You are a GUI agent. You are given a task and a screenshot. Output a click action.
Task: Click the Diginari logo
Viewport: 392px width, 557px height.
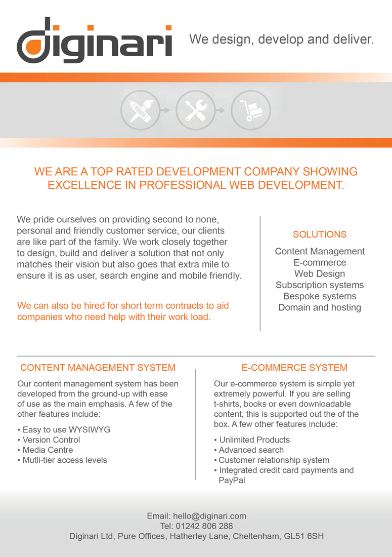[x=94, y=40]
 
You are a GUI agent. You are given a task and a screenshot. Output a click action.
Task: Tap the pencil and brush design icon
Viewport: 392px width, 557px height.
[x=140, y=110]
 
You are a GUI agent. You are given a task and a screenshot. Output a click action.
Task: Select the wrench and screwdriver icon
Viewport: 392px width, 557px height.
[x=195, y=110]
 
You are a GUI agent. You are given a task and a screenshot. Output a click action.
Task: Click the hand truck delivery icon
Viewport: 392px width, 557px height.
[x=250, y=110]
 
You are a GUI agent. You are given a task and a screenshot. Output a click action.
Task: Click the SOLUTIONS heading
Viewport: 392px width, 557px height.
[x=320, y=234]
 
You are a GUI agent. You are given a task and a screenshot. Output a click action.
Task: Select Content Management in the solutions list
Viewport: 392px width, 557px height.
[x=320, y=251]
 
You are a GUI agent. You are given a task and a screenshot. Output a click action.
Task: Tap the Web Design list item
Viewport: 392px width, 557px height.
[x=320, y=274]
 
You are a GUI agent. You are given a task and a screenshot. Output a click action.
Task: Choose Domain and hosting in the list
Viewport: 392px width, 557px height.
[x=320, y=307]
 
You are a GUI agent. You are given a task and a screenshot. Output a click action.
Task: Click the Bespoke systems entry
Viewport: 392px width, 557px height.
[x=320, y=296]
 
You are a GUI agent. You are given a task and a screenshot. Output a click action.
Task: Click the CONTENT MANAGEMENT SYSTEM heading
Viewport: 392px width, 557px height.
[x=98, y=368]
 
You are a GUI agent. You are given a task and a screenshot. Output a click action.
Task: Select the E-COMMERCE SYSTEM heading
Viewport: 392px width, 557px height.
[x=294, y=368]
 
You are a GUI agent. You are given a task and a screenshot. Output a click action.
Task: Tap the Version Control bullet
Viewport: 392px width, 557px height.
[x=51, y=440]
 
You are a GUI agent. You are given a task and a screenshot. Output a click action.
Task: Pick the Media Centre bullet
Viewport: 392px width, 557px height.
[x=48, y=450]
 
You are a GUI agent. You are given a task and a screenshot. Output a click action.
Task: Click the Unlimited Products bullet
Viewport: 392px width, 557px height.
[x=254, y=440]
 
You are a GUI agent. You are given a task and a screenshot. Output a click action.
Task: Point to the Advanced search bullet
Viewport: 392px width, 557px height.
[x=251, y=450]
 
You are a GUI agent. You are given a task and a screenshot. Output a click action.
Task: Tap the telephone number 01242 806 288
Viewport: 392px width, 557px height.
[x=204, y=526]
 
